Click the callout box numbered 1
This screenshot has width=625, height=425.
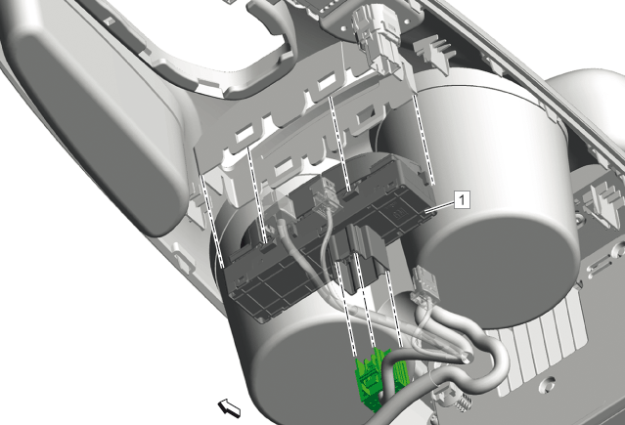462,199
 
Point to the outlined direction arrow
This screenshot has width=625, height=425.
229,408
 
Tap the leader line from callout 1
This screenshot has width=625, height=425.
440,206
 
